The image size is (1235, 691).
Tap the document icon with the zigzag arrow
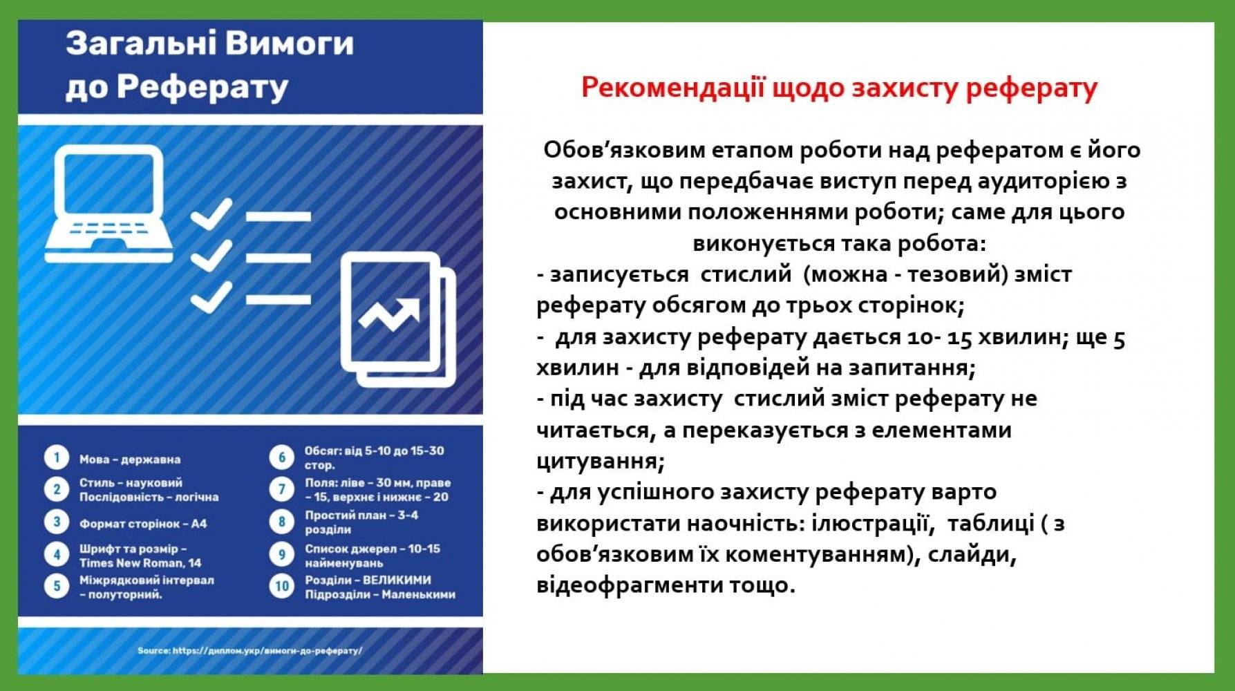[x=399, y=320]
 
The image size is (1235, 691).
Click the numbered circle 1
[x=57, y=458]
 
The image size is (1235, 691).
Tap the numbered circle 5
[x=57, y=587]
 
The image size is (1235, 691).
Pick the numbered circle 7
[x=282, y=489]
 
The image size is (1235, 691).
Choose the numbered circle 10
[x=282, y=587]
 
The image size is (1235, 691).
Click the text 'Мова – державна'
[x=130, y=460]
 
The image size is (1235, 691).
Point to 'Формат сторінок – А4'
[x=143, y=524]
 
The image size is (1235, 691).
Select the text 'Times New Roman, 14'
[x=140, y=563]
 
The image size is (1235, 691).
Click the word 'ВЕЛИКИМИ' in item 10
[x=397, y=580]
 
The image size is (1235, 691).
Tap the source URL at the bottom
[x=250, y=651]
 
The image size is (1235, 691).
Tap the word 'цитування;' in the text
[x=601, y=461]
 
